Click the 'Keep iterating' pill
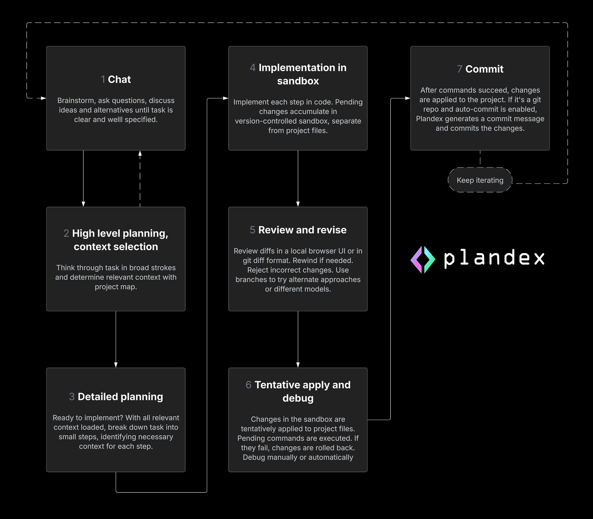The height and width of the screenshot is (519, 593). pos(480,180)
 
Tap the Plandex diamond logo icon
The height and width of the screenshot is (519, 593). pos(422,259)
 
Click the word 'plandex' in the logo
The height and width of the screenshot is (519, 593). pos(494,258)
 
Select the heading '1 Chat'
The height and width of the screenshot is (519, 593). pos(116,79)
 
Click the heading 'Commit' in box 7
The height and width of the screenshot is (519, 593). pos(484,69)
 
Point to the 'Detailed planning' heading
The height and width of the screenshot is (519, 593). pos(120,397)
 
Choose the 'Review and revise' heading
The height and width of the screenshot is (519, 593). pos(302,230)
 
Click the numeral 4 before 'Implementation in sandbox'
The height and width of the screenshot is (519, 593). pos(253,68)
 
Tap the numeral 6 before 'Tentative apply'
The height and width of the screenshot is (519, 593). pos(248,385)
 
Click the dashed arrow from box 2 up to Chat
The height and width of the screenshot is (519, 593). pos(140,179)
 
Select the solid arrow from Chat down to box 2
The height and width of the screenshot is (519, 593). pos(84,179)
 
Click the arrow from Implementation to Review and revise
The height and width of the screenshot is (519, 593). pos(298,179)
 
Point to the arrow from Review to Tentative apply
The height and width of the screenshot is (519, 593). pos(298,339)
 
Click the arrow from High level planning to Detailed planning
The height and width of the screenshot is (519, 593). pos(116,339)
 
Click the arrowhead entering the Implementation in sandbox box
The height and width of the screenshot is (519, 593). pos(225,98)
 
